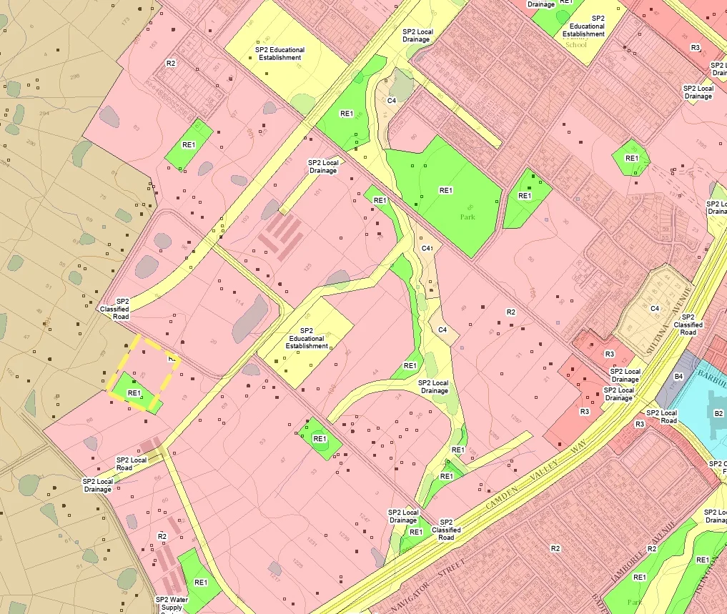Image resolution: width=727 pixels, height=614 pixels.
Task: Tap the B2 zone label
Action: coord(718,413)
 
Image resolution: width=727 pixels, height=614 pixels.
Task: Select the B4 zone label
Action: coord(679,376)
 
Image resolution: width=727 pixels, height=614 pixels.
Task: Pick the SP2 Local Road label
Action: coord(132,464)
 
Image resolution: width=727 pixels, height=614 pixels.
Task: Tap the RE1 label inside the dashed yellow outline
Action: coord(134,393)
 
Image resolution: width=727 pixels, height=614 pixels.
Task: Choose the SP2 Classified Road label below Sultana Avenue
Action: coord(688,325)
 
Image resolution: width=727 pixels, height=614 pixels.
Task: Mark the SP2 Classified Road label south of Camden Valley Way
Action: coord(446,530)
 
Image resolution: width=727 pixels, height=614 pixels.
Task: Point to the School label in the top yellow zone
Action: coord(576,44)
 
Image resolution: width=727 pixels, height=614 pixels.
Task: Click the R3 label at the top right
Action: coord(695,47)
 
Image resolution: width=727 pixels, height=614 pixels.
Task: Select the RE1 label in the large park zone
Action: coord(446,190)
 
